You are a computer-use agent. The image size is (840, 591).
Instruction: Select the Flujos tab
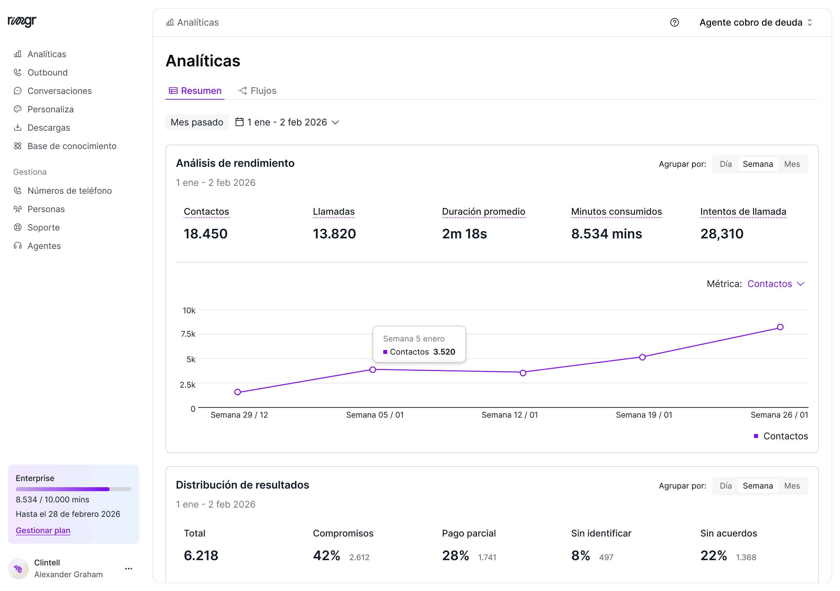(257, 91)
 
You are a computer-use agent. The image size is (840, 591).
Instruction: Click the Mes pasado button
(197, 122)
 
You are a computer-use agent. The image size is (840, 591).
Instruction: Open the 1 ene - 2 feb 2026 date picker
(287, 122)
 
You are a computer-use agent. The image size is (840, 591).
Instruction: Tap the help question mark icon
(674, 23)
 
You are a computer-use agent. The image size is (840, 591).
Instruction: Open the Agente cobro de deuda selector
(756, 23)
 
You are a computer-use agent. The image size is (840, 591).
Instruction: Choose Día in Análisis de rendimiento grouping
(725, 164)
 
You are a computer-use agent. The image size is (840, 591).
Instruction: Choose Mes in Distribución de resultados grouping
(792, 486)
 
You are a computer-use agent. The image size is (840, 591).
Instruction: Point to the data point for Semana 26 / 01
(780, 327)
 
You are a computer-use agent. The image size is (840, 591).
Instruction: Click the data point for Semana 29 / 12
(238, 392)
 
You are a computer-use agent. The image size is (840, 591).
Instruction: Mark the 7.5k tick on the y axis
(188, 334)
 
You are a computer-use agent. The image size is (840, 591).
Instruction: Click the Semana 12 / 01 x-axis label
(510, 415)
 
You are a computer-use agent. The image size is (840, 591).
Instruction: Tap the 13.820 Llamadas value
(334, 234)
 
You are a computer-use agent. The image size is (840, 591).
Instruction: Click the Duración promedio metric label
(483, 212)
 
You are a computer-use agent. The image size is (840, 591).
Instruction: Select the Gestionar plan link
(43, 531)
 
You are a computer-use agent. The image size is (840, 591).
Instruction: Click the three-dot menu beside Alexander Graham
(128, 569)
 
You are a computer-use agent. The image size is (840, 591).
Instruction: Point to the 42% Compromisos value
(326, 556)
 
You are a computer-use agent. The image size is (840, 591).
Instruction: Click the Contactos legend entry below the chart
(781, 436)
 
